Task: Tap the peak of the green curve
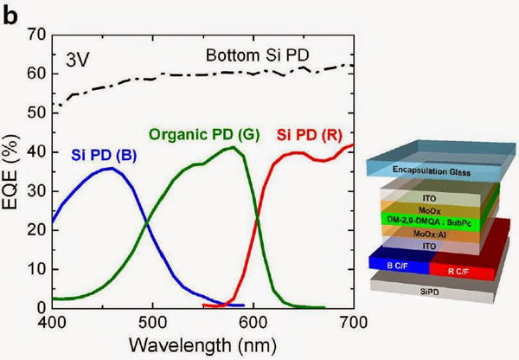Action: (232, 147)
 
